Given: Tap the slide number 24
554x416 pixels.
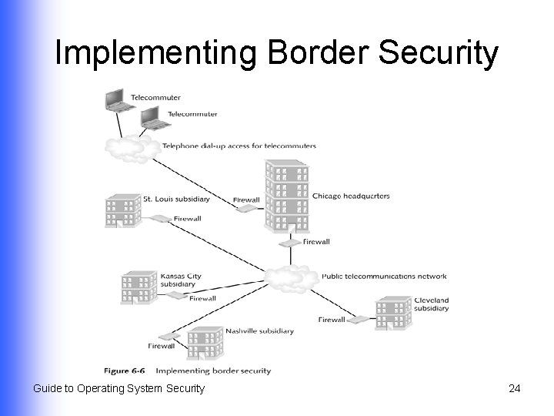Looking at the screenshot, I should [515, 388].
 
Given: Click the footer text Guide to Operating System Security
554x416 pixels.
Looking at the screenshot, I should [118, 388].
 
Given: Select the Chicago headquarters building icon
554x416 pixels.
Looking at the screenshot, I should [286, 196].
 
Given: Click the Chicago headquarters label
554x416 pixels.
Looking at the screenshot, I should [351, 196].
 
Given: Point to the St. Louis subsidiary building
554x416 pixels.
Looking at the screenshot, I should [123, 210].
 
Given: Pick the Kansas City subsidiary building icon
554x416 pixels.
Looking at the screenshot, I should [138, 287].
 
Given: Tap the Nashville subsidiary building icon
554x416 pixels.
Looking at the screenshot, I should [205, 343].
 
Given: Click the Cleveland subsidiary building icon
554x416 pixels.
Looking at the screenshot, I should [392, 312].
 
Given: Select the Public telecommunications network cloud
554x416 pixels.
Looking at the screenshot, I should [291, 277].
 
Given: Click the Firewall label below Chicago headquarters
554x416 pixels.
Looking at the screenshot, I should [316, 241].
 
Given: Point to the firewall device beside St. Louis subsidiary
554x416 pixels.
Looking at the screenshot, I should [161, 219].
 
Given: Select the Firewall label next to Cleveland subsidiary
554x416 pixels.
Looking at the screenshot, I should [332, 320].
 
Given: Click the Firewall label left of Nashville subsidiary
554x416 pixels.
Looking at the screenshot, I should [162, 347].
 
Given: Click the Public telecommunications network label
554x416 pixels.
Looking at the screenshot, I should [384, 276].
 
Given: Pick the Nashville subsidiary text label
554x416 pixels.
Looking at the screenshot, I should [259, 331].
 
